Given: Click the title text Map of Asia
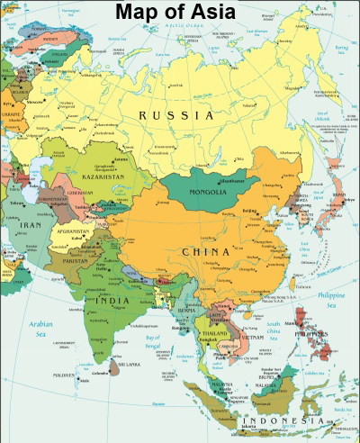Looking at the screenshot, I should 180,12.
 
